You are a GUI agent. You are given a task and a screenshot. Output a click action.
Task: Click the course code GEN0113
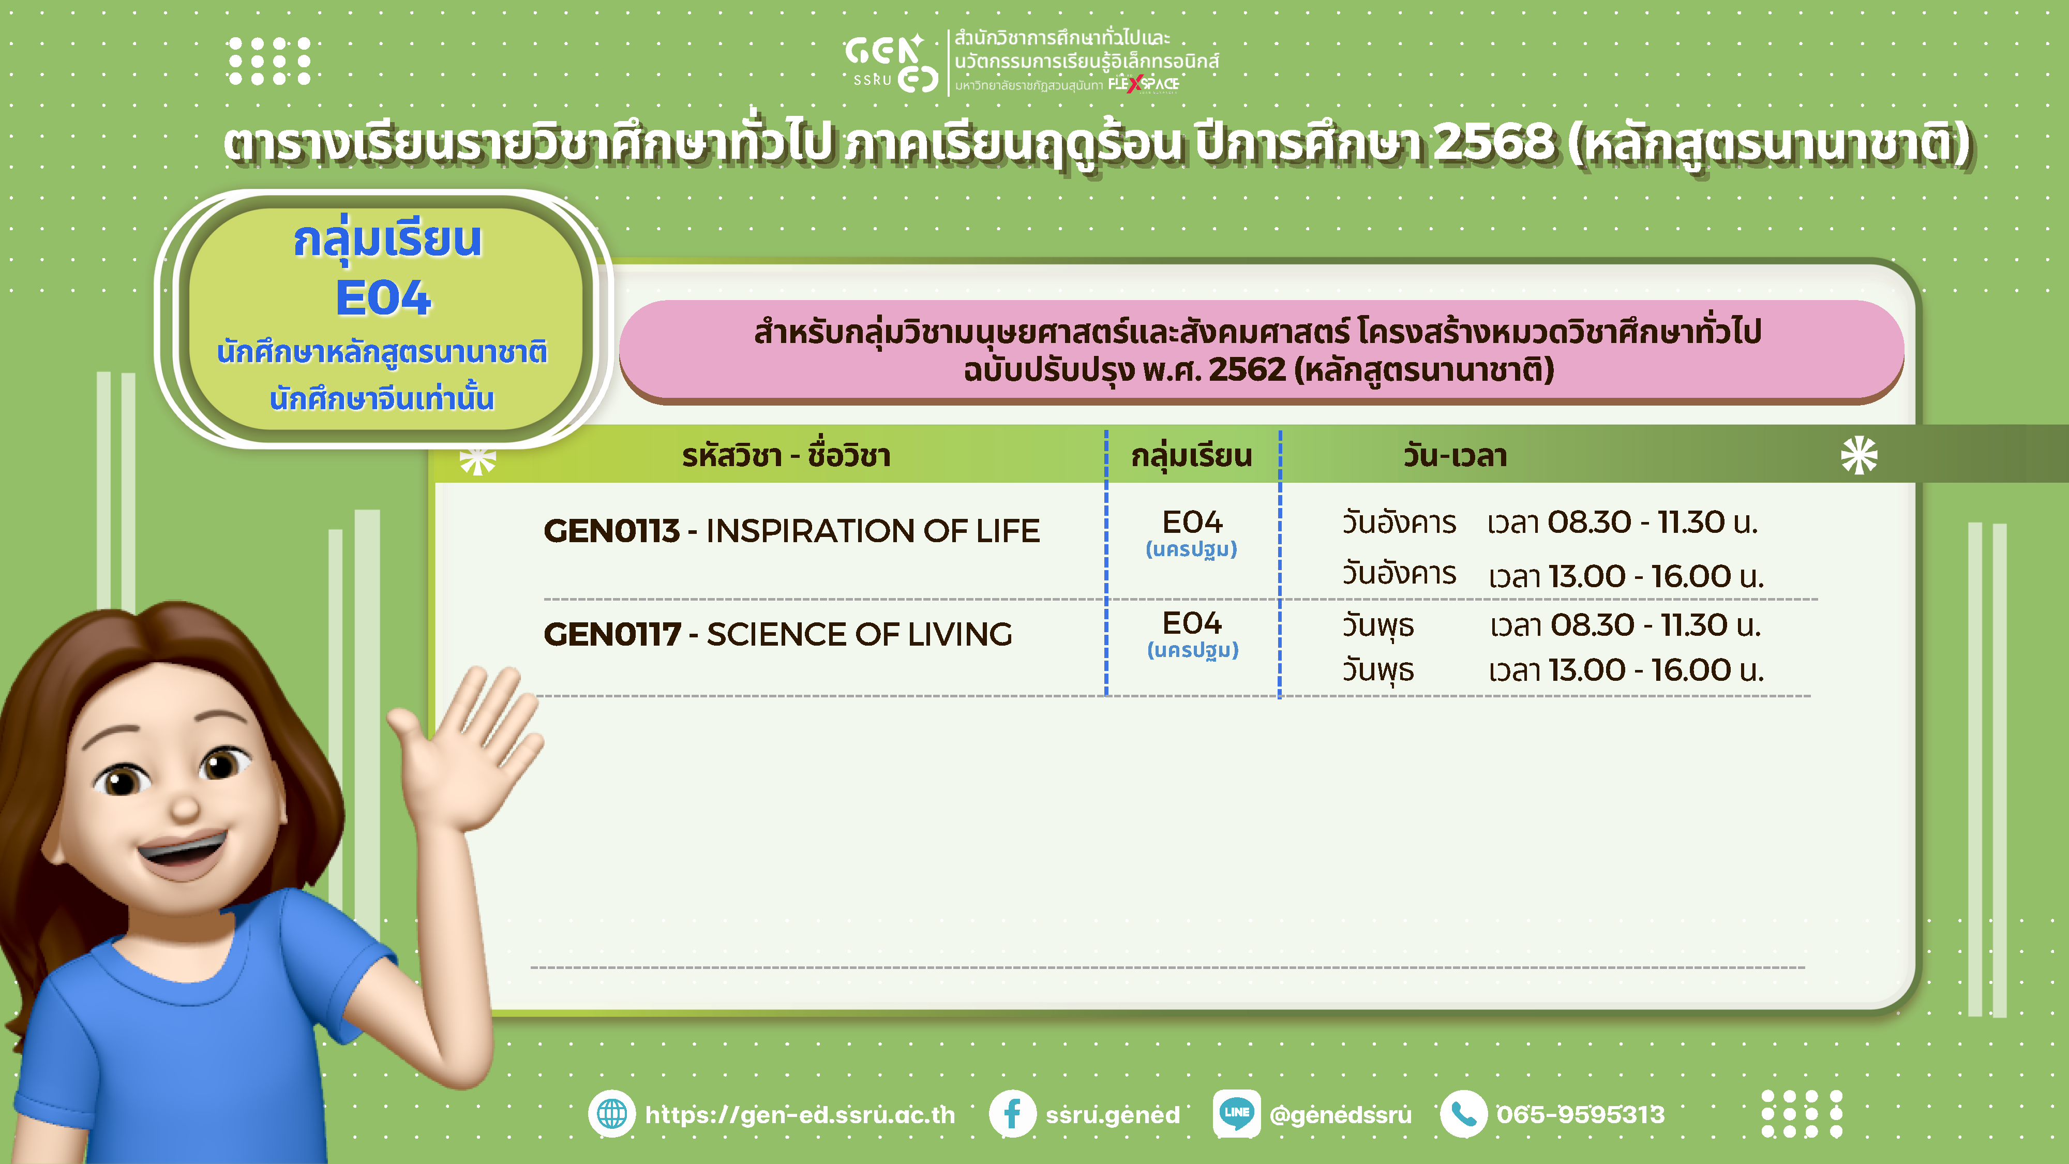click(x=612, y=531)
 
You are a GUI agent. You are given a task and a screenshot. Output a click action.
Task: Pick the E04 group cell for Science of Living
click(x=1193, y=633)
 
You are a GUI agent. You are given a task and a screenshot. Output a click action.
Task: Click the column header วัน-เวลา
click(x=1455, y=455)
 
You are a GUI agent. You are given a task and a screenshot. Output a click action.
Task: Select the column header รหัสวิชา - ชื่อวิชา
click(x=786, y=455)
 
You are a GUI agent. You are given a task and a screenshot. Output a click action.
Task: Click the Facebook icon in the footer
click(x=1012, y=1113)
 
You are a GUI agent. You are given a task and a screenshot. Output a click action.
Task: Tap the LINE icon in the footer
click(x=1236, y=1113)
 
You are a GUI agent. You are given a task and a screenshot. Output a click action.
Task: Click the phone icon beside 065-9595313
click(x=1463, y=1113)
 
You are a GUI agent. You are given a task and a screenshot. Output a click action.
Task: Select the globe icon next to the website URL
click(x=612, y=1113)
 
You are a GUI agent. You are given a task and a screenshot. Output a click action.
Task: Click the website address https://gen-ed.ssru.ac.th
click(x=800, y=1115)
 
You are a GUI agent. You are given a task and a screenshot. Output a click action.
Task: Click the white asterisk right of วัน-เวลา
click(x=1858, y=455)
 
